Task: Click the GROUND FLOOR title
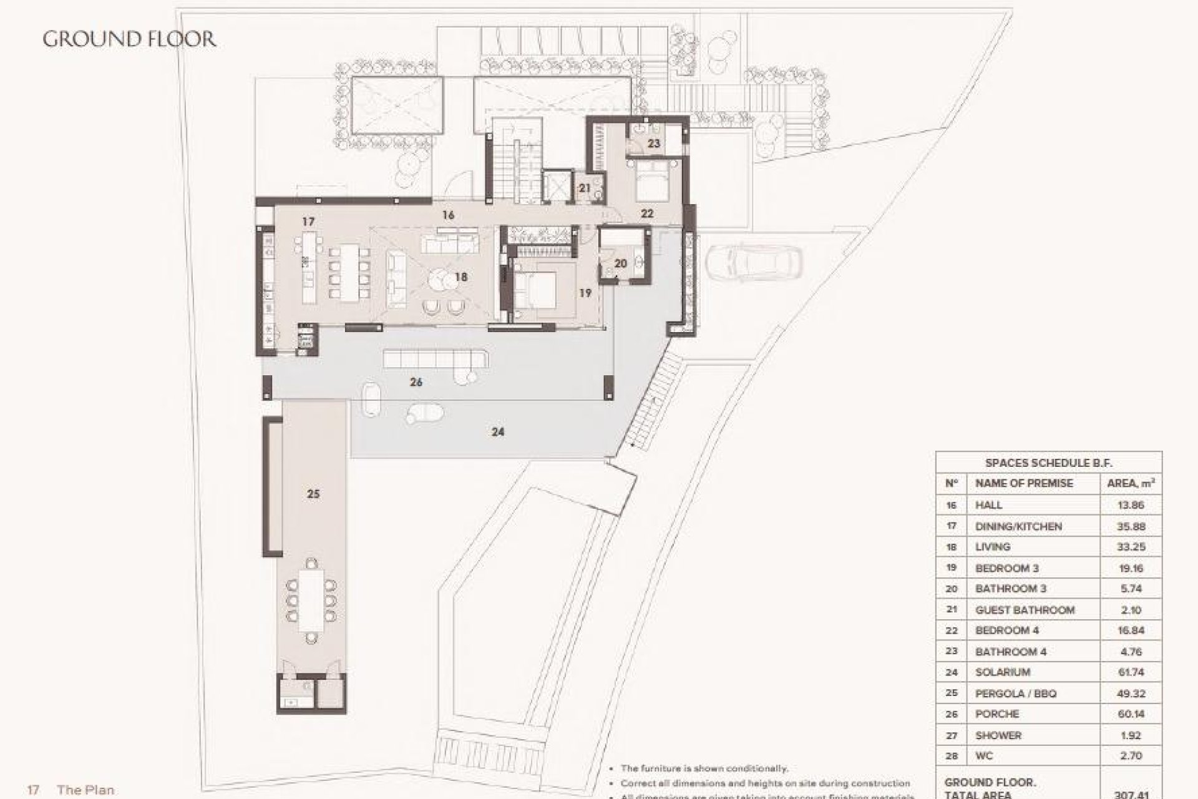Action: click(x=129, y=39)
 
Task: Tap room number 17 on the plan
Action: click(x=308, y=222)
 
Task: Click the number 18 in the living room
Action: click(x=461, y=277)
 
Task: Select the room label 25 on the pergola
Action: click(x=313, y=494)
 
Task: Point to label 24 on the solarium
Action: click(x=497, y=431)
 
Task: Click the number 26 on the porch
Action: click(x=416, y=382)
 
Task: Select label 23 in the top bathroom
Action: click(x=653, y=144)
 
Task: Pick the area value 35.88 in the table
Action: click(x=1130, y=526)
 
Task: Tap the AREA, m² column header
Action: click(x=1130, y=483)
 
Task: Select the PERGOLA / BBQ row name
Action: click(x=1015, y=694)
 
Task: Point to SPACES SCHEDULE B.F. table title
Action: click(x=1048, y=463)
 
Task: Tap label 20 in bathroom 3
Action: click(x=620, y=264)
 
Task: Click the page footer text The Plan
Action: click(x=85, y=790)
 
